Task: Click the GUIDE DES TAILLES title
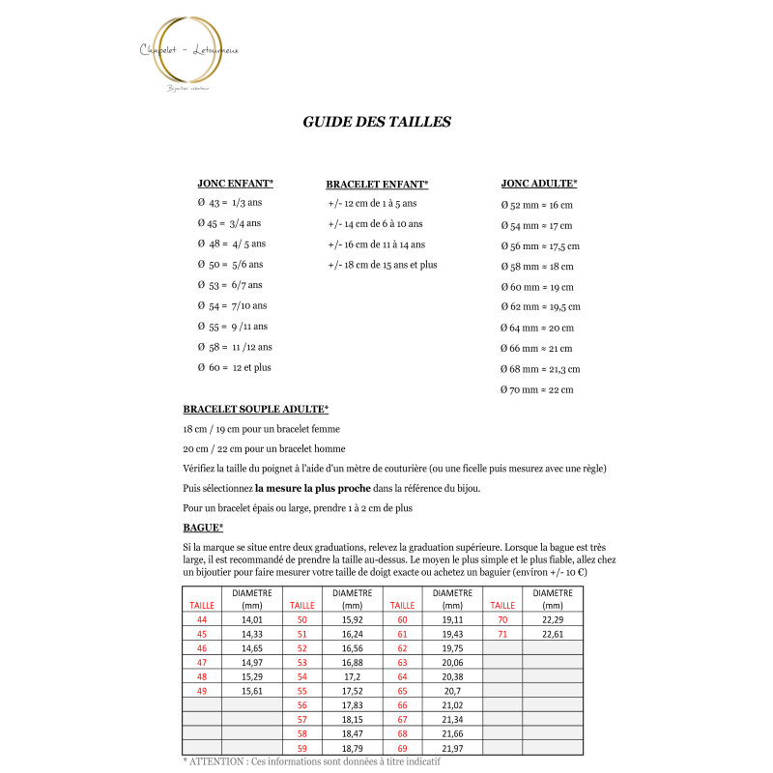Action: [x=377, y=122]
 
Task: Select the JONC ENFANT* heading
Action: [x=236, y=183]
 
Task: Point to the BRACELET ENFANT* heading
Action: [x=377, y=184]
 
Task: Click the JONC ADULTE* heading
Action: [x=539, y=183]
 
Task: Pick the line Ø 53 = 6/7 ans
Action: [x=230, y=285]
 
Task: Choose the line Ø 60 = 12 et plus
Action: [x=235, y=367]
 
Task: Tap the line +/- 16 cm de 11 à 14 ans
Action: [x=377, y=244]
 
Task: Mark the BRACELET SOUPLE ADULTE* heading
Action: [x=255, y=409]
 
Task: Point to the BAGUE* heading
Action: [x=203, y=528]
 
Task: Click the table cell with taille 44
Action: [x=202, y=619]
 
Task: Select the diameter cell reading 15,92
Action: [x=353, y=619]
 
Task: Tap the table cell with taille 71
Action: [x=502, y=635]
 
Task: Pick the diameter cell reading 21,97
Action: [x=453, y=749]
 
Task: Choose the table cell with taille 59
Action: [x=302, y=749]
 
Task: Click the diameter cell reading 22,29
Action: [x=553, y=619]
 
